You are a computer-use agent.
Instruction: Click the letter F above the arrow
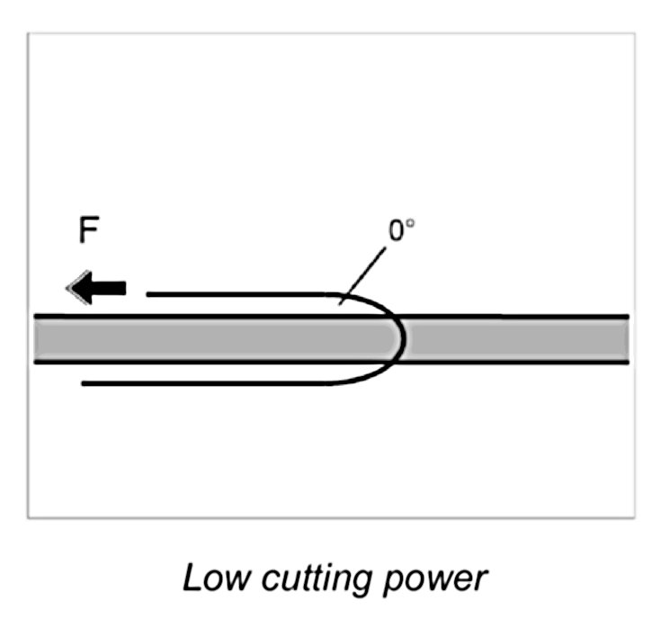pos(88,232)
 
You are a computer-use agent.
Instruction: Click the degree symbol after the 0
pos(412,225)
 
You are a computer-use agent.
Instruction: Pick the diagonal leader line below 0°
pos(363,274)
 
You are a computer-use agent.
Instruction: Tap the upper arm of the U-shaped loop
pos(243,294)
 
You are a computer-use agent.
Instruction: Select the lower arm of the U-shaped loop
pos(207,384)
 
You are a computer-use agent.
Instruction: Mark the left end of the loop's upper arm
pos(148,294)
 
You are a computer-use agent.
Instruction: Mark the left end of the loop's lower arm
pos(84,384)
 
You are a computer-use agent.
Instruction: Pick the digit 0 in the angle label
pos(397,232)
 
